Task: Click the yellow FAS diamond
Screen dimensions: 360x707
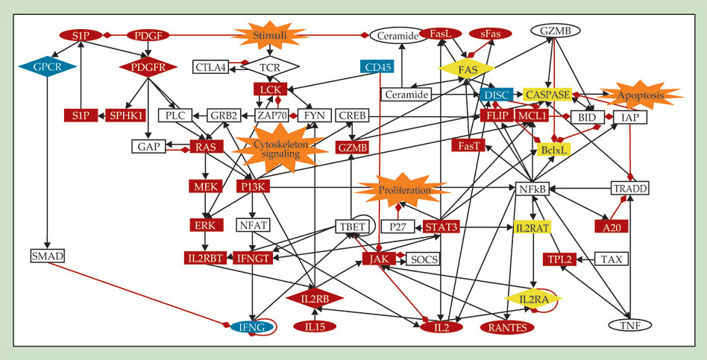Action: pos(468,69)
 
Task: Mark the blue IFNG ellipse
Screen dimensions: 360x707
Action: pos(252,326)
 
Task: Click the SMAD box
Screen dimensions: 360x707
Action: pos(48,256)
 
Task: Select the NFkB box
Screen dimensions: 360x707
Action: pos(532,189)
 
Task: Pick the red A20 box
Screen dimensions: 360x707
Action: pos(612,225)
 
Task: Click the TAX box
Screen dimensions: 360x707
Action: pos(611,259)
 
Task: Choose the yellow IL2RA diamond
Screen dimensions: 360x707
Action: pos(532,298)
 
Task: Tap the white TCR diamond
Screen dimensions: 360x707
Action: pos(268,68)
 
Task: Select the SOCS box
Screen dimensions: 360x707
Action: pos(424,259)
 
